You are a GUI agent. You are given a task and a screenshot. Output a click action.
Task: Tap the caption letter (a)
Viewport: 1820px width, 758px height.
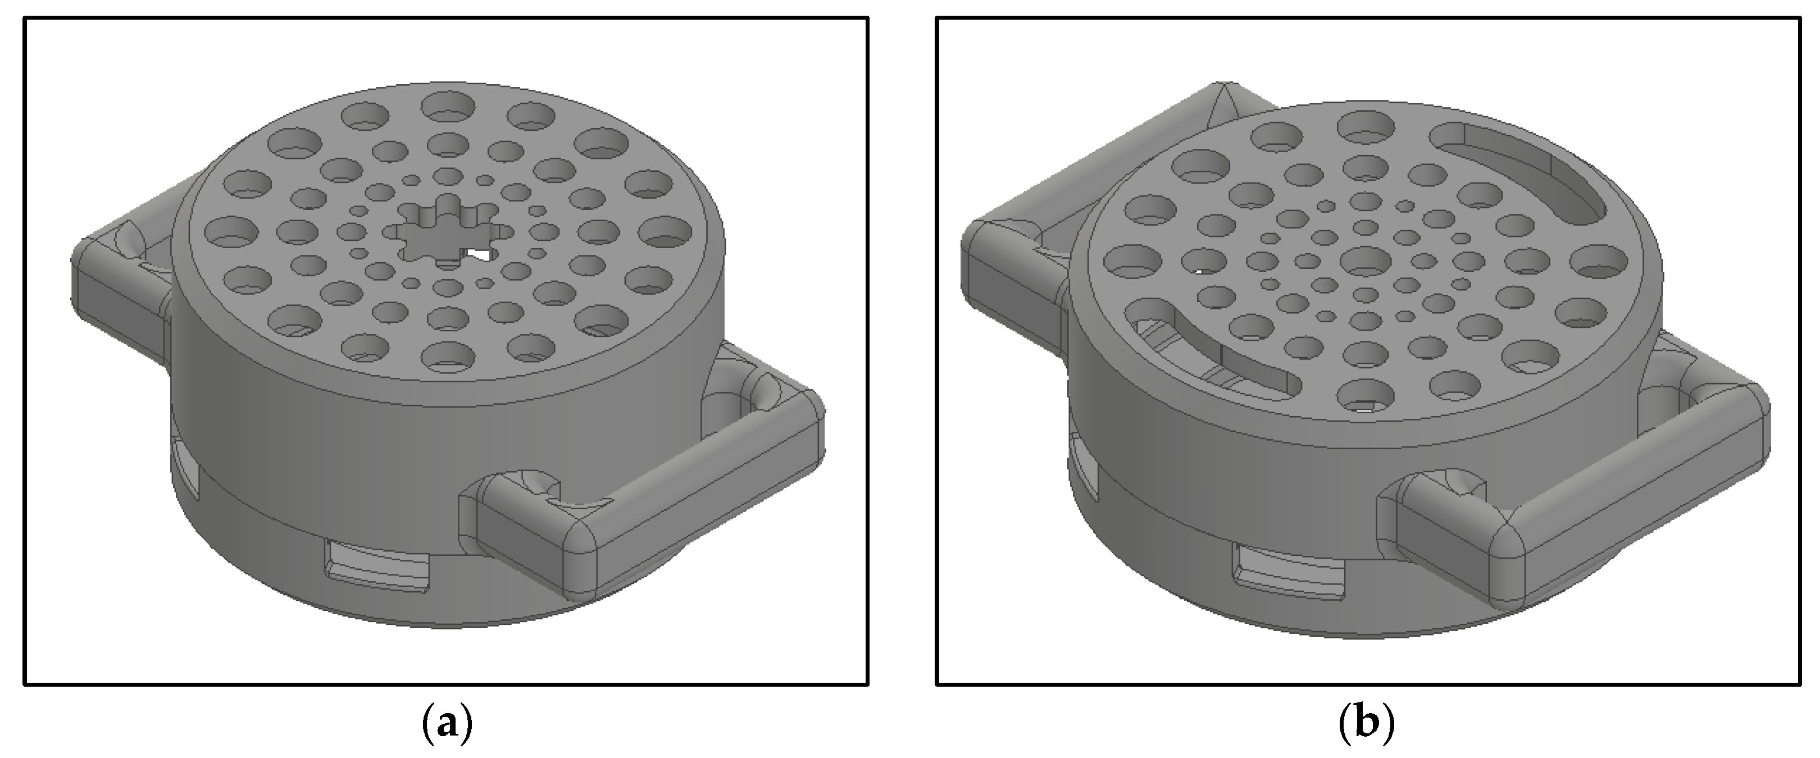click(446, 724)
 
